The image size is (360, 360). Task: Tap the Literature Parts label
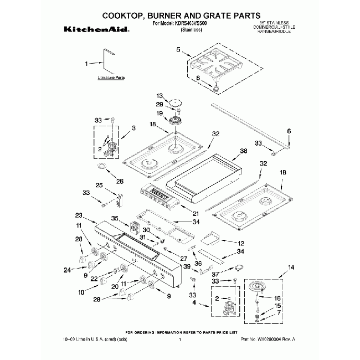click(111, 78)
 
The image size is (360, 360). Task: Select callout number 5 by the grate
click(179, 50)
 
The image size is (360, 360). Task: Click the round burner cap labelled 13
click(176, 102)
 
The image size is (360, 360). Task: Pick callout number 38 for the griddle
click(243, 151)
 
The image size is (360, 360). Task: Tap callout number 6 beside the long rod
click(288, 131)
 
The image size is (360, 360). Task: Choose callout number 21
click(195, 214)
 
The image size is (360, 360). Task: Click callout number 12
click(241, 243)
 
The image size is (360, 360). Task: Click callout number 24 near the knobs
click(67, 270)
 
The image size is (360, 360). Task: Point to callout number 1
click(86, 64)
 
